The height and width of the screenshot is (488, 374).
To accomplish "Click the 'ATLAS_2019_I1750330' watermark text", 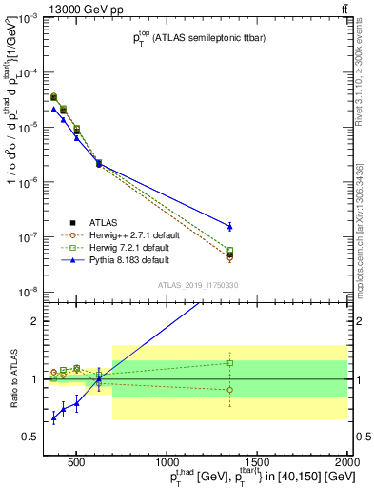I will coord(197,285).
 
